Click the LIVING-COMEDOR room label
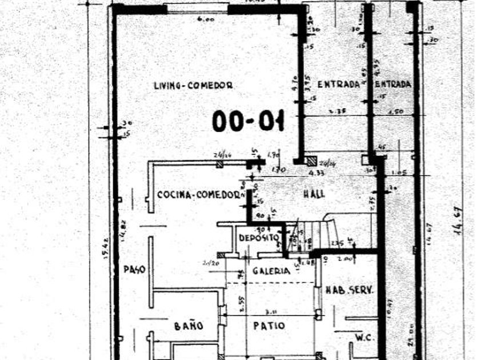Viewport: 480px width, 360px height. pyautogui.click(x=193, y=86)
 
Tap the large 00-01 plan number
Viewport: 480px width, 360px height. pyautogui.click(x=248, y=121)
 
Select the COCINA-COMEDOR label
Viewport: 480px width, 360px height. pyautogui.click(x=198, y=195)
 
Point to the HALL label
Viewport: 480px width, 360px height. pyautogui.click(x=314, y=194)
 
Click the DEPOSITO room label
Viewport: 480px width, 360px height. pyautogui.click(x=259, y=238)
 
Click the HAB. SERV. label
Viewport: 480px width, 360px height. pyautogui.click(x=349, y=290)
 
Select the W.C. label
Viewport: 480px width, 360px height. pyautogui.click(x=363, y=338)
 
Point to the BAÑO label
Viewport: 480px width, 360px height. pyautogui.click(x=189, y=326)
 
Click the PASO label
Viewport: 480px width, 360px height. pyautogui.click(x=134, y=269)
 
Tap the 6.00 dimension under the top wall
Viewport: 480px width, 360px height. pyautogui.click(x=205, y=19)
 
